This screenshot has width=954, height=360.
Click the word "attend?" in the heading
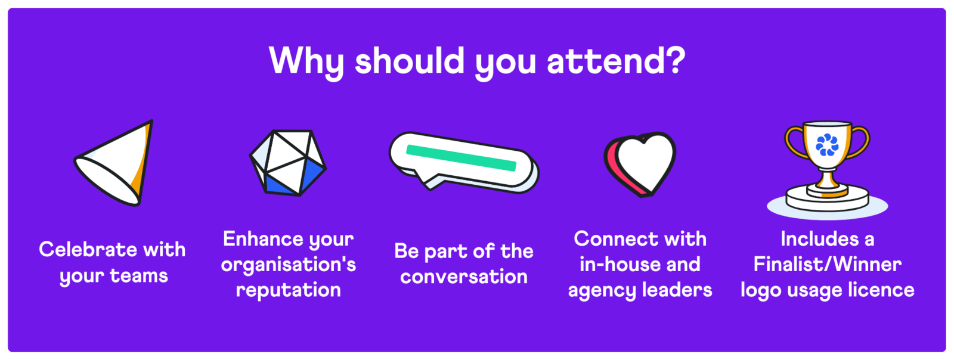[x=616, y=61]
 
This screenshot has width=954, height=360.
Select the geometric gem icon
[x=288, y=163]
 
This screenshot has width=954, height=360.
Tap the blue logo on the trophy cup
[x=827, y=145]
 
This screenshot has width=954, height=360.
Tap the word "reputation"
[x=289, y=290]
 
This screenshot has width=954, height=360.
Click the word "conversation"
[x=464, y=277]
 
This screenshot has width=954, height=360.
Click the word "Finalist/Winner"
[x=827, y=264]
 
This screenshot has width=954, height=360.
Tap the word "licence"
[x=882, y=290]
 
